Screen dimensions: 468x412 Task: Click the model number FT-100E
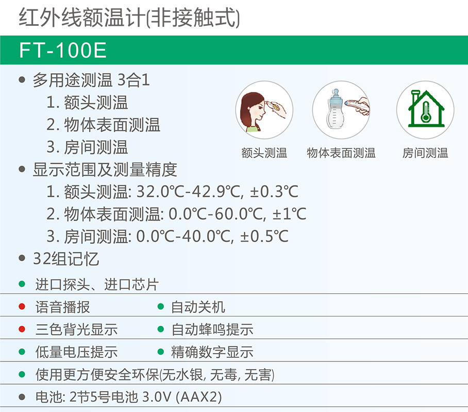pos(63,50)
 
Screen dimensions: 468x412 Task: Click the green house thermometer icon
pos(426,109)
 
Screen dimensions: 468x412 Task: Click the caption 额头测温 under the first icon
pos(264,153)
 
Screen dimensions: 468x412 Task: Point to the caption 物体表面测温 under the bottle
pos(341,153)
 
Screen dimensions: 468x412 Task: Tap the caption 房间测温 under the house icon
pos(425,153)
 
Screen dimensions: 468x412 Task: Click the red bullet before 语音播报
pos(22,307)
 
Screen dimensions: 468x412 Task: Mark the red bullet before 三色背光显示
pos(22,329)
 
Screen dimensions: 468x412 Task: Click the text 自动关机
pos(198,307)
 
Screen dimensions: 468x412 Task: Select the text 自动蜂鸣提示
pos(212,329)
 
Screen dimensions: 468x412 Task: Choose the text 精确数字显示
pos(212,352)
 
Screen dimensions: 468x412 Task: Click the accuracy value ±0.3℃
pos(274,192)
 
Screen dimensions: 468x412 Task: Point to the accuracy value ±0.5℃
pos(264,236)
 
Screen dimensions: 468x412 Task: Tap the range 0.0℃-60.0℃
pos(215,214)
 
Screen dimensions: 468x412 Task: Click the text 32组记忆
pos(66,259)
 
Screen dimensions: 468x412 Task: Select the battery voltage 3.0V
pos(157,397)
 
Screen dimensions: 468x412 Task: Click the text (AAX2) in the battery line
pos(199,397)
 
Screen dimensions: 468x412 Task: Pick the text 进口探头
pos(63,284)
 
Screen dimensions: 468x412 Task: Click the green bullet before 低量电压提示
pos(22,352)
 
